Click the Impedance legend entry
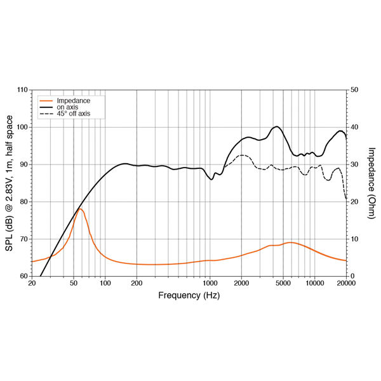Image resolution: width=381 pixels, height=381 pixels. [x=73, y=101]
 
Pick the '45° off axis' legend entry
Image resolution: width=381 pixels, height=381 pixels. [x=74, y=114]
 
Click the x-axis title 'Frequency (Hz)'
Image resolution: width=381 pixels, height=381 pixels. [x=189, y=295]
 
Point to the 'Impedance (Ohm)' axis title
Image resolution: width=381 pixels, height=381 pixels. [x=371, y=184]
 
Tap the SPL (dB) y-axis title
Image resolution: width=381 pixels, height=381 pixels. [x=10, y=184]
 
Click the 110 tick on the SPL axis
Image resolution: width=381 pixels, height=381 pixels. [x=22, y=90]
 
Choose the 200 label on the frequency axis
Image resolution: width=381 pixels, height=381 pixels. [x=136, y=284]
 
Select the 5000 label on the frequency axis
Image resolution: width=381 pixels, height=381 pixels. [x=283, y=284]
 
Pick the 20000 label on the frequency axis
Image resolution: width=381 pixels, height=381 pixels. [x=346, y=284]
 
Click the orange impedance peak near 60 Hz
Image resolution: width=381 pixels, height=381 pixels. [x=80, y=208]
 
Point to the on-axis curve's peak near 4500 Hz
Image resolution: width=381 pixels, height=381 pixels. [x=277, y=126]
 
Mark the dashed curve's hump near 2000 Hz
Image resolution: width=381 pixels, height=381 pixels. [x=242, y=155]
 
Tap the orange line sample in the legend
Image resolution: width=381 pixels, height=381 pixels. [x=46, y=101]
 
